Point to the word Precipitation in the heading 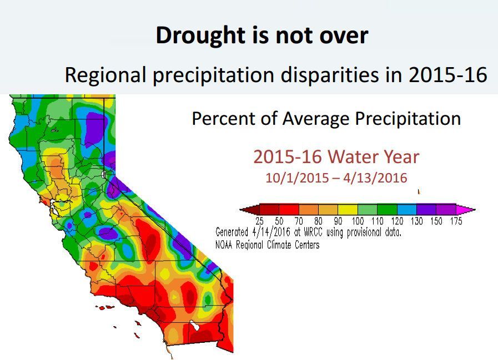tap(408, 119)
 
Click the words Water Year tap(373, 157)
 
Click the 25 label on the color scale tap(259, 221)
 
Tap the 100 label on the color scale tap(358, 221)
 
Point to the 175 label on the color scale tap(456, 221)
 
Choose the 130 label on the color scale tap(417, 221)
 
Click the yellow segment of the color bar tap(348, 210)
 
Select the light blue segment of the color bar tap(407, 210)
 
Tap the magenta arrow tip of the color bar tap(466, 210)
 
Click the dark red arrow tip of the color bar tap(250, 210)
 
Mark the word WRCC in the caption tap(314, 232)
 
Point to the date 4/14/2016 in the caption tap(271, 232)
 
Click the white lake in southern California tap(194, 326)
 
